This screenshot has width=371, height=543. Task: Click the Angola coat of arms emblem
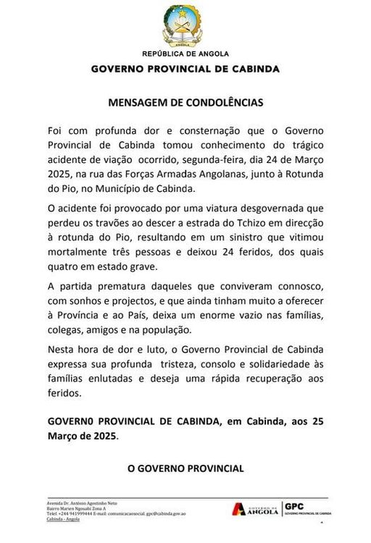(x=185, y=27)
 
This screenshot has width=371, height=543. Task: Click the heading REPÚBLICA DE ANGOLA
(x=185, y=54)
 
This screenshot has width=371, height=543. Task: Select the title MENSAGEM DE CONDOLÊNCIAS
(x=185, y=103)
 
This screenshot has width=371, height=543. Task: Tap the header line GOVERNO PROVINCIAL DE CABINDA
(x=185, y=69)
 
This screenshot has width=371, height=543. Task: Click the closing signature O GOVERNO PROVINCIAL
(x=185, y=469)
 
